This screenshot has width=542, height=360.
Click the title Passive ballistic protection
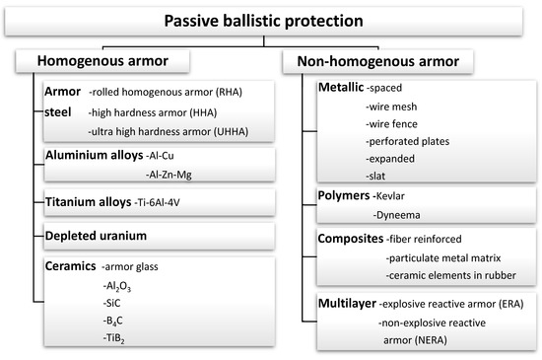pos(271,19)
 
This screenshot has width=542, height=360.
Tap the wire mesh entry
pos(390,107)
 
